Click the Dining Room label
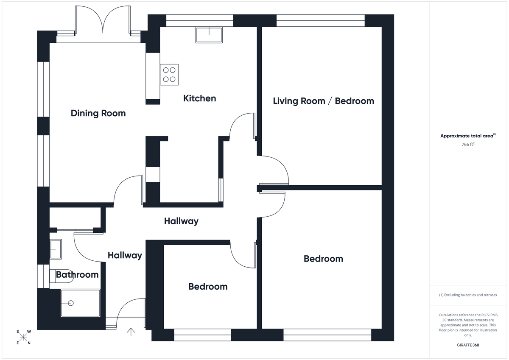(x=98, y=113)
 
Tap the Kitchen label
(x=199, y=98)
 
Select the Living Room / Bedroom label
(x=323, y=101)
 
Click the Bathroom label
(x=77, y=275)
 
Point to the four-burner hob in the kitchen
(x=169, y=75)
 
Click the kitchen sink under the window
(x=209, y=35)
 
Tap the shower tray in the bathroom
(x=80, y=303)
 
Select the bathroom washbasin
(x=56, y=248)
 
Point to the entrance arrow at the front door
(x=131, y=332)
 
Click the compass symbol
(x=23, y=337)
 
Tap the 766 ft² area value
(x=468, y=145)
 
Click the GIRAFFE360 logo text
(x=468, y=345)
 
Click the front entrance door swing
(x=129, y=312)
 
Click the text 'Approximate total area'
(x=467, y=136)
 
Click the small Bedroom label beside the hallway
(x=208, y=287)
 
